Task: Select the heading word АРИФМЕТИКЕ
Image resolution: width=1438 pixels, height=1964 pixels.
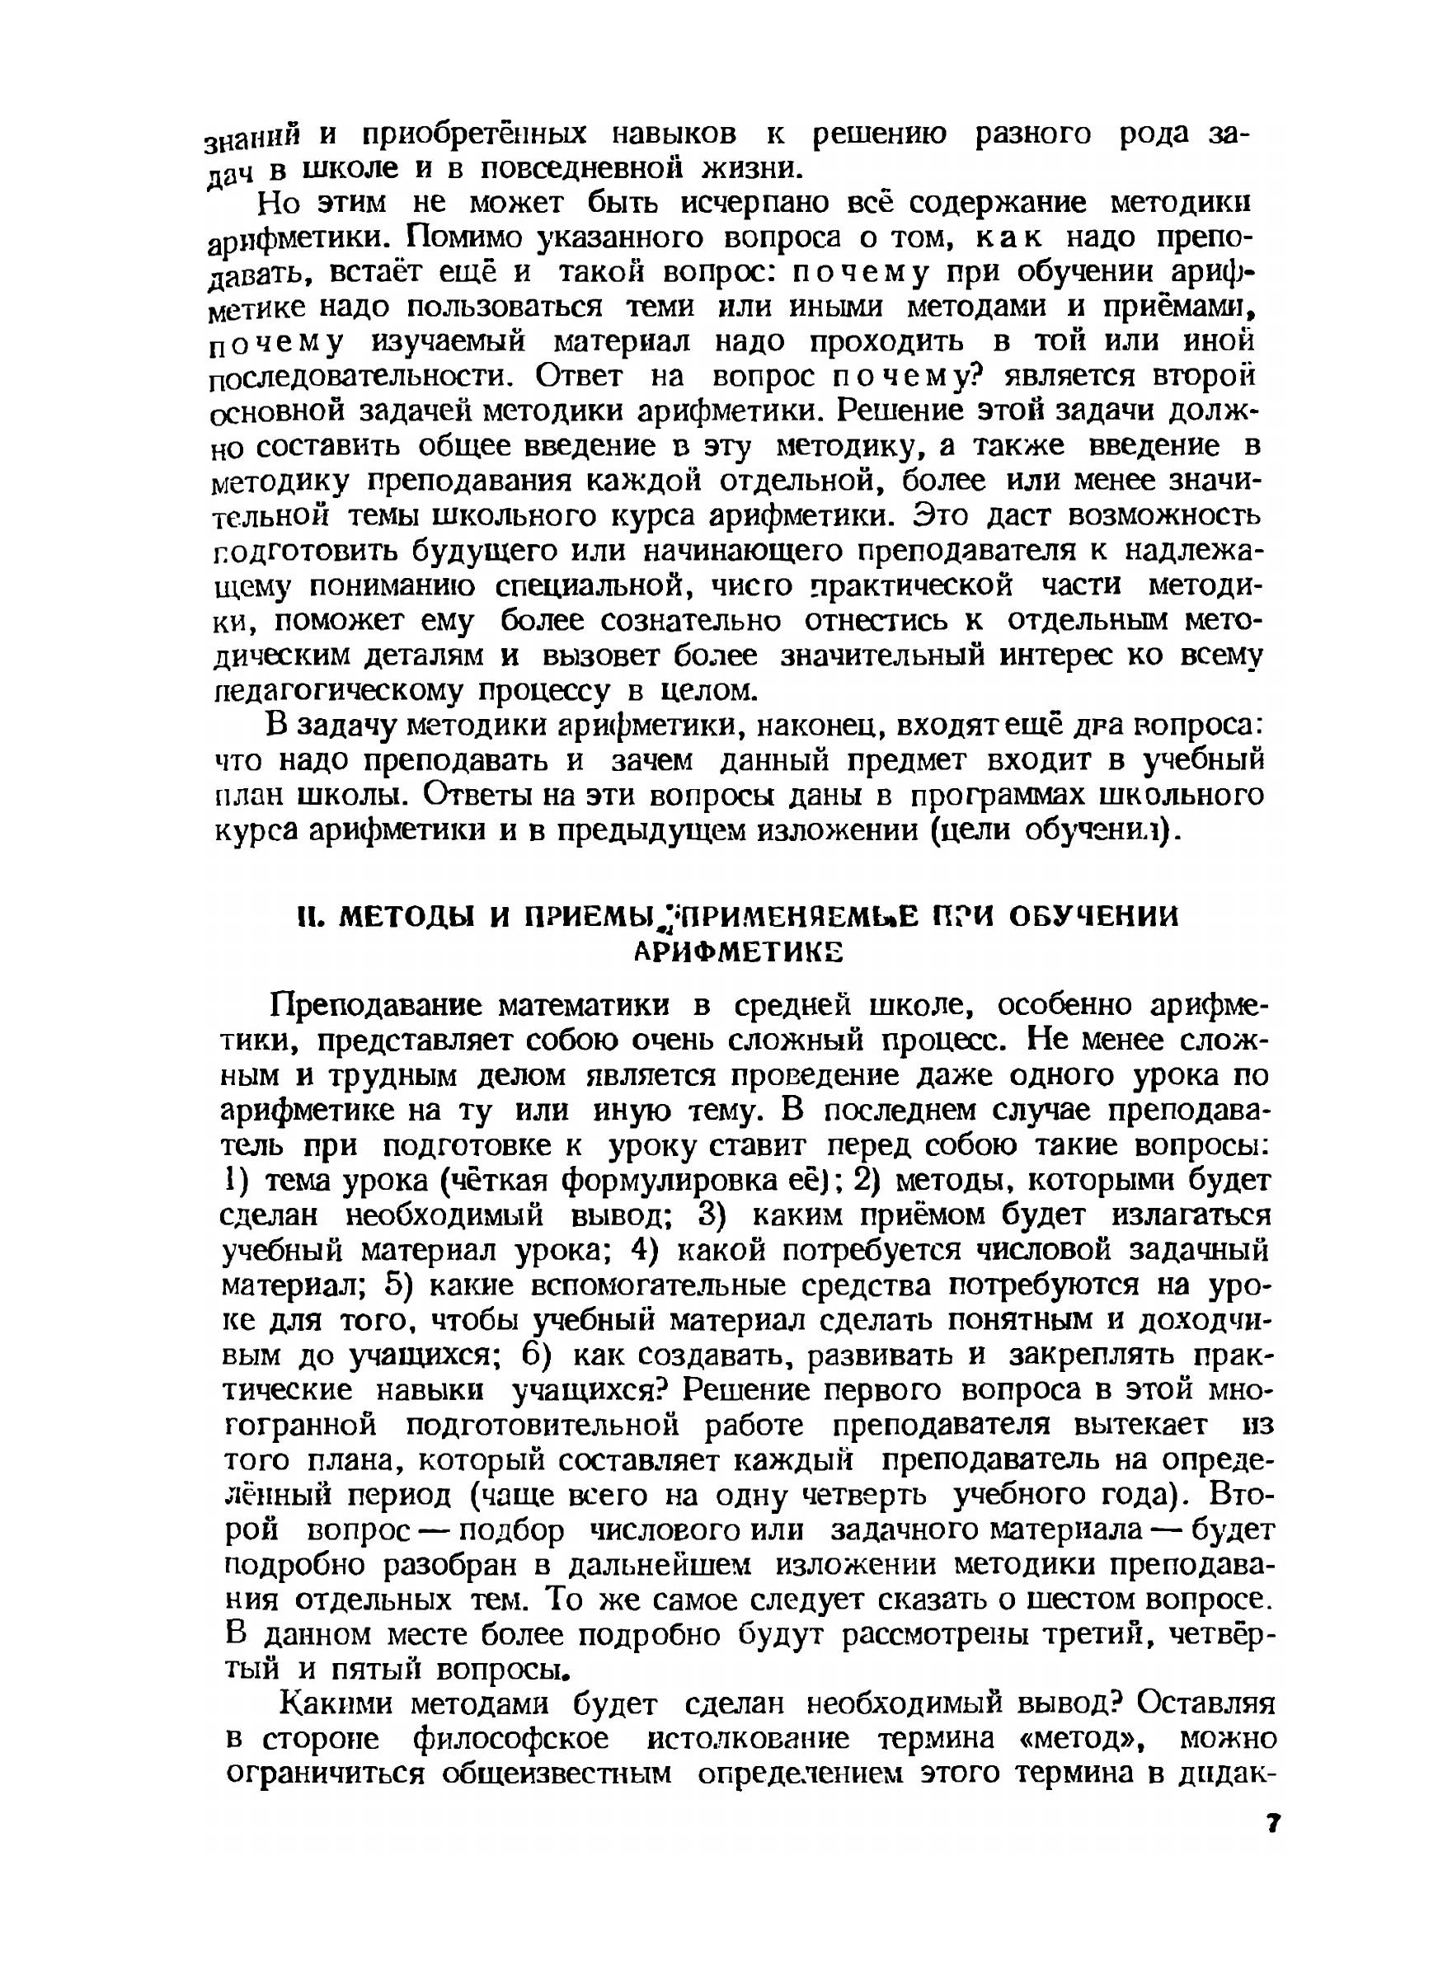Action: pos(738,953)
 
